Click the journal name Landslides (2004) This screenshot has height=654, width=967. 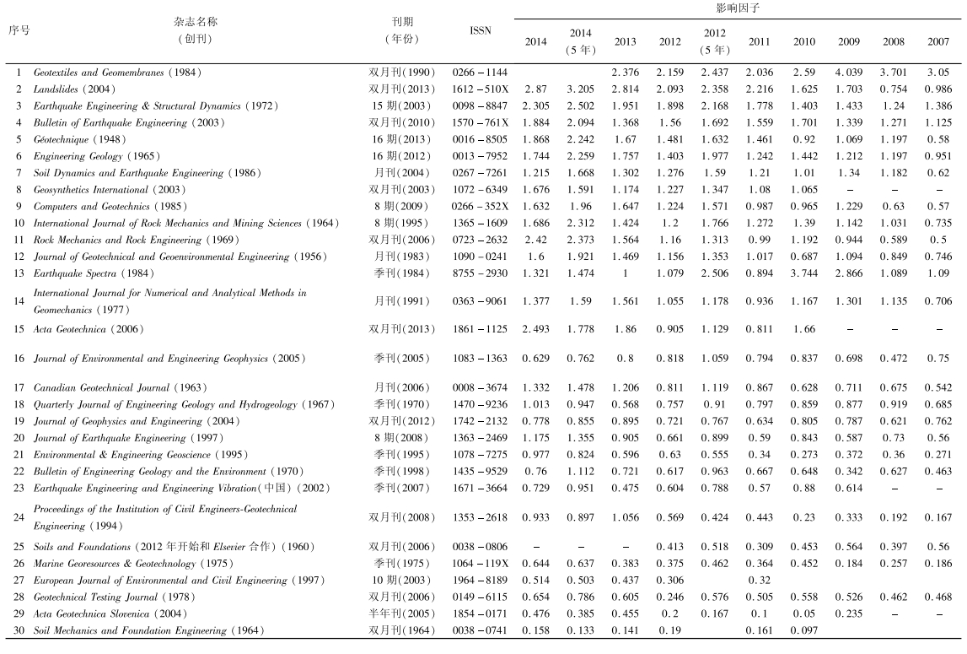pos(74,89)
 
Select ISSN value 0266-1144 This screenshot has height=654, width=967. pos(480,73)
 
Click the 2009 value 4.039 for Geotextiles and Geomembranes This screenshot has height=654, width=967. pos(850,73)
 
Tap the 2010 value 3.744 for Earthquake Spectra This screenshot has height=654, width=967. pos(804,273)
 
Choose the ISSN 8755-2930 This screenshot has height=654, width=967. pos(480,273)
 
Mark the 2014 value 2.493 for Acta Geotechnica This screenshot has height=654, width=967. pos(535,329)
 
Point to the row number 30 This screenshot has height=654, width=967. pos(19,631)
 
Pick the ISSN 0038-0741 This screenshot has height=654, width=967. pos(480,631)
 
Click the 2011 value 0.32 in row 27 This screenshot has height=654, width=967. pos(759,581)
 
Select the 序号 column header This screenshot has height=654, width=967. pos(19,30)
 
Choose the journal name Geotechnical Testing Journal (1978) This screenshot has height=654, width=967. pos(110,597)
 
